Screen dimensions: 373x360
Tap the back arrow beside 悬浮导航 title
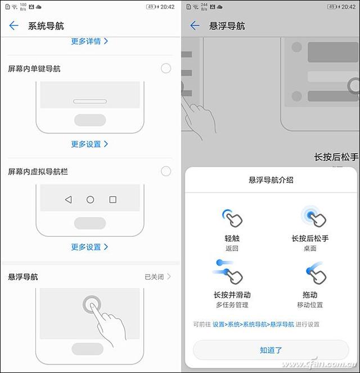click(195, 26)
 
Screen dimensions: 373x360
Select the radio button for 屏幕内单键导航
click(166, 69)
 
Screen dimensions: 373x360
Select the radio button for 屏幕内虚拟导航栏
click(166, 171)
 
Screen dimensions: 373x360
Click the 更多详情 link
click(89, 41)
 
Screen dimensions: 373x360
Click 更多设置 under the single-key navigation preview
click(89, 144)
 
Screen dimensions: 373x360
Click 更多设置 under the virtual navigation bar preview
click(89, 247)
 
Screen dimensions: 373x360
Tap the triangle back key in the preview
click(68, 200)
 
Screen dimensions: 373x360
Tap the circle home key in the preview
click(90, 200)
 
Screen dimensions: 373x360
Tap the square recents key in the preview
click(112, 200)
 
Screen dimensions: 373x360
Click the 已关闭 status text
click(154, 277)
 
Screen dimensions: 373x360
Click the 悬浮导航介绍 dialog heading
click(271, 181)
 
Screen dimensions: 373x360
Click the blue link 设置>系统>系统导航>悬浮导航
click(253, 325)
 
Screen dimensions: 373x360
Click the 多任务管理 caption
click(232, 305)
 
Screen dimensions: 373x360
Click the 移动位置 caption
click(310, 305)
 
